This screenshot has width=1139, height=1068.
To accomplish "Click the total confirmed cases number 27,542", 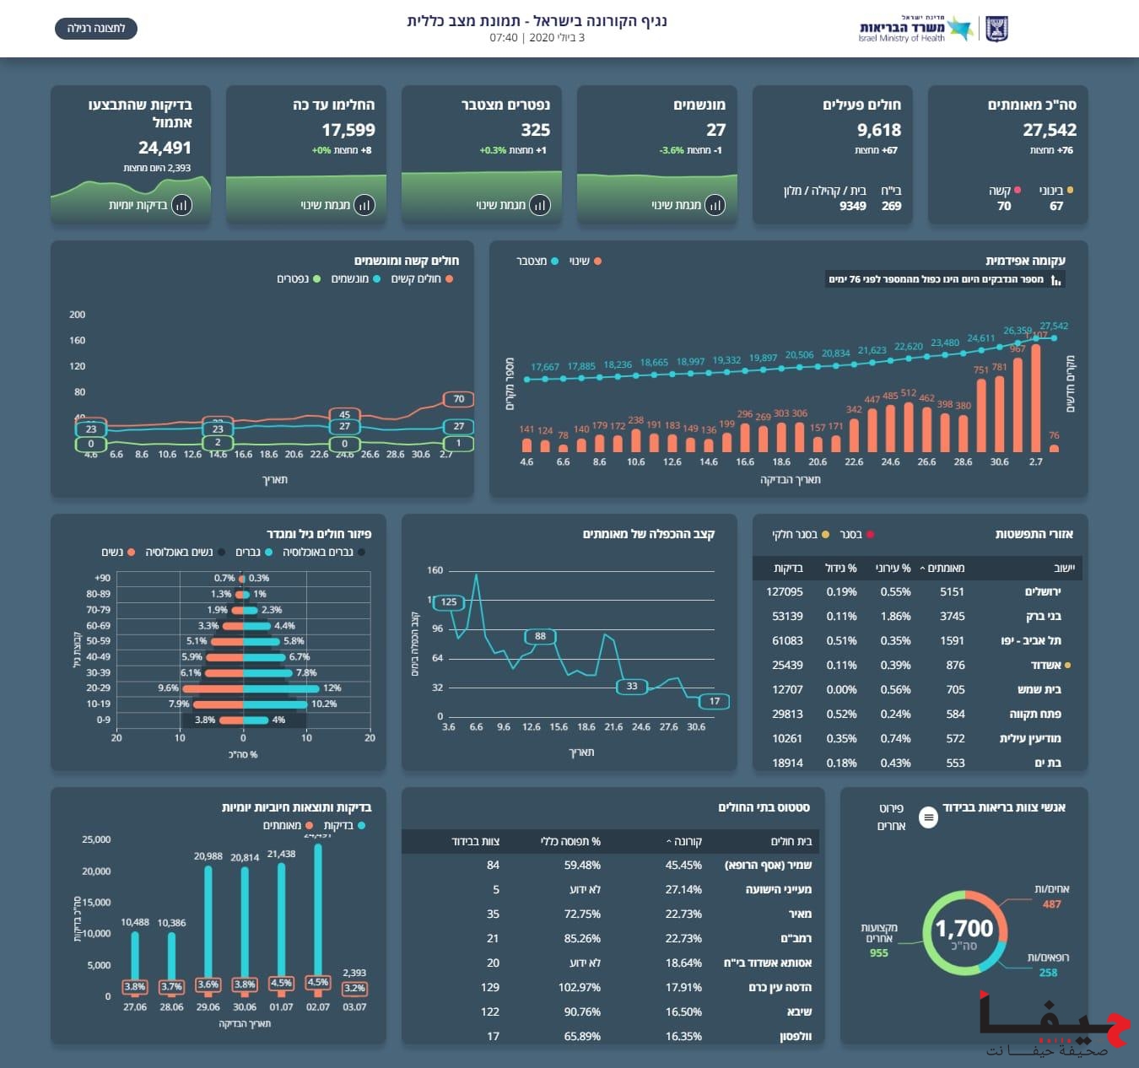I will click(x=1049, y=130).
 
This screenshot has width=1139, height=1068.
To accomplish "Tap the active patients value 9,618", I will click(x=878, y=130).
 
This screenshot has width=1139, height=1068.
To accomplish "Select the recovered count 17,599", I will click(x=348, y=130).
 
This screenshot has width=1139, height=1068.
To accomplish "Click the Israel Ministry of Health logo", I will click(x=932, y=29).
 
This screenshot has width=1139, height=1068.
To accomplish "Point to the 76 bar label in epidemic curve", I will click(x=1054, y=435).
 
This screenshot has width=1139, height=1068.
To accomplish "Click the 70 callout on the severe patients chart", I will click(x=459, y=399).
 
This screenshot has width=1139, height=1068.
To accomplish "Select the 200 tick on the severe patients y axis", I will click(x=77, y=315).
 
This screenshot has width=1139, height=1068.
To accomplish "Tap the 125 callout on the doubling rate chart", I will click(x=449, y=601).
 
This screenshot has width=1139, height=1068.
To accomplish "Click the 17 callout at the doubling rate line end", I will click(x=715, y=701).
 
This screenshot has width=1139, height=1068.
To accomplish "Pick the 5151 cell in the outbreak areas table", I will click(x=952, y=592).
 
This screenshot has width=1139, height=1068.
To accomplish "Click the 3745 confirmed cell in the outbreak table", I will click(x=952, y=617).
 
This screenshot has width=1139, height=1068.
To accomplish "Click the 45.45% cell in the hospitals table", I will click(x=683, y=865).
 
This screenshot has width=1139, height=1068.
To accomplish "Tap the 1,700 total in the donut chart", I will click(x=964, y=929).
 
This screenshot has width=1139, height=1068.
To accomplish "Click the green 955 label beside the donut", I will click(x=879, y=952).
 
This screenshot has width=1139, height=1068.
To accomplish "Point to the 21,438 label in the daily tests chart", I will click(x=281, y=854).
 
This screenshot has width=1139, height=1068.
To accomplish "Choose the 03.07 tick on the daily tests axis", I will click(x=354, y=1006).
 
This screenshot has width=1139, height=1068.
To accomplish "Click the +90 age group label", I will click(x=102, y=578).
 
